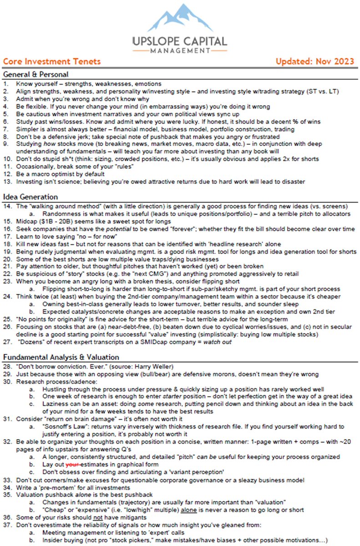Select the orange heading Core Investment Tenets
click(51, 61)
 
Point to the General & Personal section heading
click(35, 74)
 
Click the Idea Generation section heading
click(30, 197)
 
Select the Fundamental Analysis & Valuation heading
click(61, 357)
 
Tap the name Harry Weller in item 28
click(147, 367)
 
